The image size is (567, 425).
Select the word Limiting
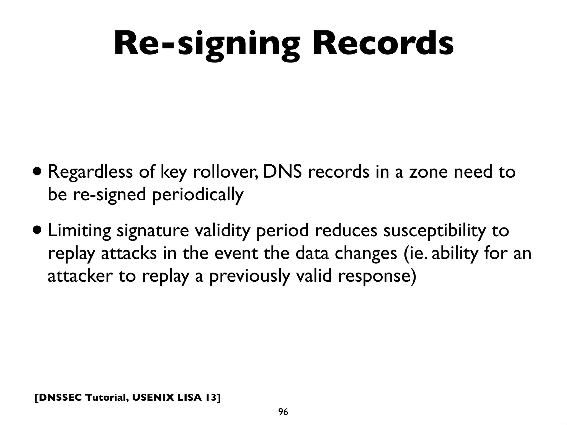point(79,231)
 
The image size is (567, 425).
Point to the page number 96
point(283,412)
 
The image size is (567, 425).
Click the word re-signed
point(109,195)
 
